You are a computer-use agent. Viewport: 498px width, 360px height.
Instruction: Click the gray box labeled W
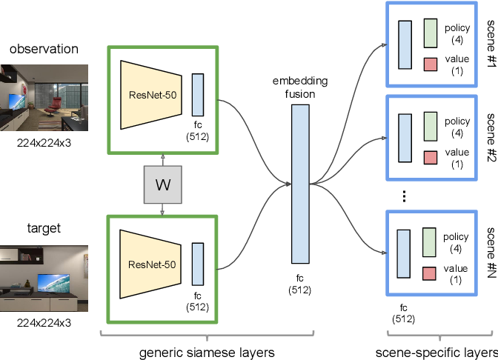162,184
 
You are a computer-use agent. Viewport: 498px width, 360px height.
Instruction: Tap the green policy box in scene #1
431,34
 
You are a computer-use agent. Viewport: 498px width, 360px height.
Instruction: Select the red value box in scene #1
431,64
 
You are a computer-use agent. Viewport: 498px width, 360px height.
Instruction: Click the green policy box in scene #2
431,127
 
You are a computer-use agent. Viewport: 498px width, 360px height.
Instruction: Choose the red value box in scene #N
431,274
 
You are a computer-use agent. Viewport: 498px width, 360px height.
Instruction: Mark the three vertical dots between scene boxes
405,196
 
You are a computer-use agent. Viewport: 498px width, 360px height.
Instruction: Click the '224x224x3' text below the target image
44,322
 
